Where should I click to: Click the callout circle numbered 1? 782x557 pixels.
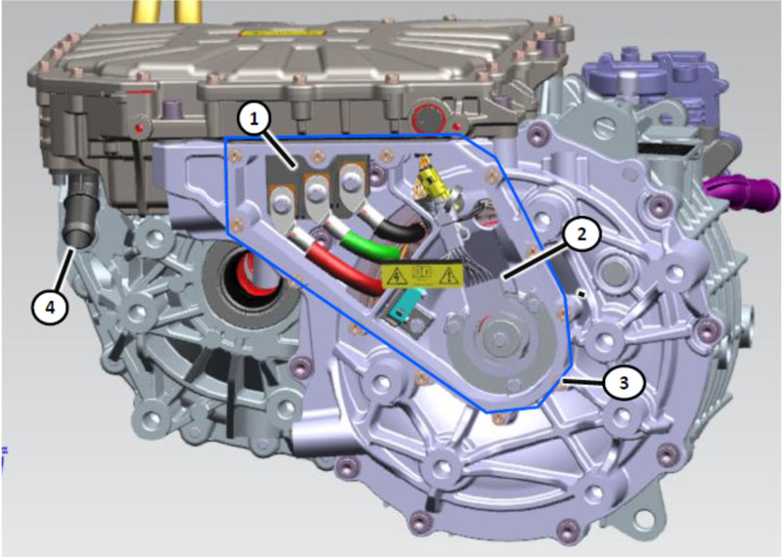pos(254,119)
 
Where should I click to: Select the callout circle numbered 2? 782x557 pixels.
pos(582,235)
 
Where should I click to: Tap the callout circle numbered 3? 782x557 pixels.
pos(624,383)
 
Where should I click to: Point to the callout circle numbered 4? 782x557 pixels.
pos(51,307)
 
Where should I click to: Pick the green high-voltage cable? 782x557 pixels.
pos(367,245)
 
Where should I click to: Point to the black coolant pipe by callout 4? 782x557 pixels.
pos(81,212)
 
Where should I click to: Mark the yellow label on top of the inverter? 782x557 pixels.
pos(282,33)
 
